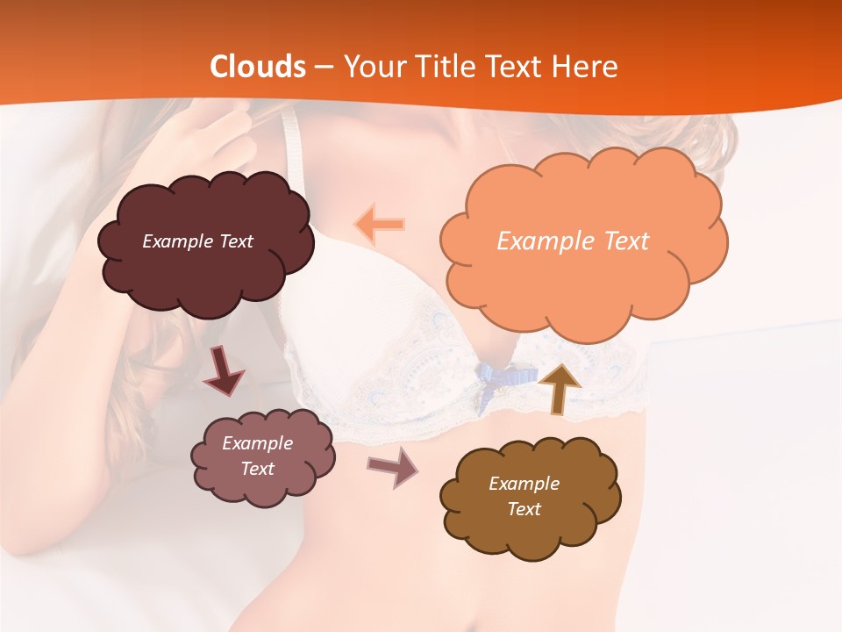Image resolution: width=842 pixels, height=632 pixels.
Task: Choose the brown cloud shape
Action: pos(529,497)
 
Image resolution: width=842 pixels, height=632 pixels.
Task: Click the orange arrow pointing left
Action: pos(380,224)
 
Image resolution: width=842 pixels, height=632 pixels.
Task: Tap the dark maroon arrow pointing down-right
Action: pos(225,371)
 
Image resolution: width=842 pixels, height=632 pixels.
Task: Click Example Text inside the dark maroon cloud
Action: pos(197,241)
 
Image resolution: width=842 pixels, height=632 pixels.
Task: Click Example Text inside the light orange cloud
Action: pos(573,241)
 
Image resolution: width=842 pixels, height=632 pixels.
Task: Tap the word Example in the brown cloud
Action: pos(524,484)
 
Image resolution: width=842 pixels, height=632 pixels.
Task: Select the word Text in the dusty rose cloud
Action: pos(258,469)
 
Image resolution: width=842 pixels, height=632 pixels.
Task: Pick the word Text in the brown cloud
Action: pos(524,509)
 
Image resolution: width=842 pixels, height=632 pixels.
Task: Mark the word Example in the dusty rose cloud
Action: pos(258,443)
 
